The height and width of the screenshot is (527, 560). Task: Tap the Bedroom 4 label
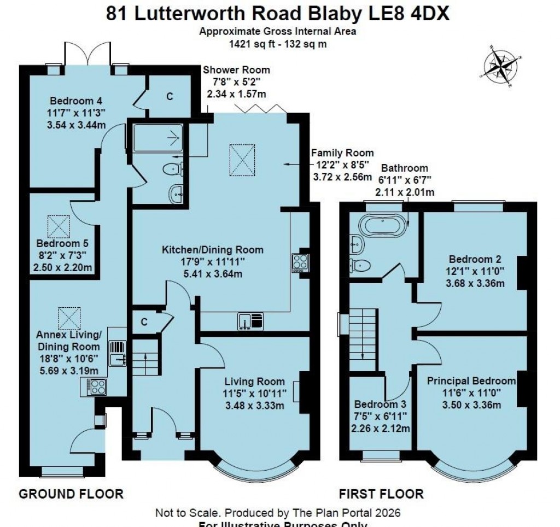[x=76, y=101]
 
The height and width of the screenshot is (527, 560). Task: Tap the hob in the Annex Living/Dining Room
[x=97, y=387]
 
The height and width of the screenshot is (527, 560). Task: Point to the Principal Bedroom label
[x=471, y=381]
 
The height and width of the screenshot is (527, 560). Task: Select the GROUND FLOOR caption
[x=71, y=494]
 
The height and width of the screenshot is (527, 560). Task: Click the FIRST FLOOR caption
[x=381, y=494]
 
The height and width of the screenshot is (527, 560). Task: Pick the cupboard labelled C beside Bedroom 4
[x=170, y=96]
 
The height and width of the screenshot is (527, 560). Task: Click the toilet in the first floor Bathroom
[x=361, y=266]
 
